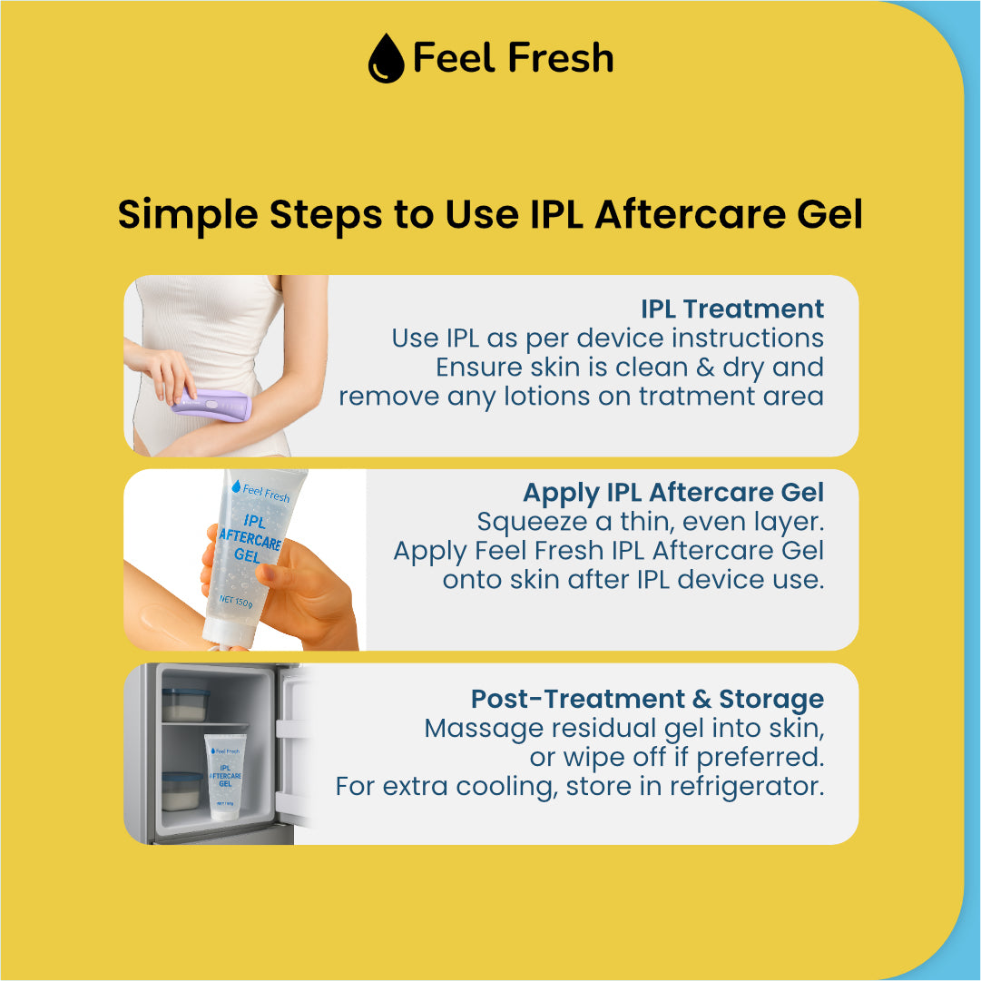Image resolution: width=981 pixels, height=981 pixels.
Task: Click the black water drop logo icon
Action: tap(385, 59)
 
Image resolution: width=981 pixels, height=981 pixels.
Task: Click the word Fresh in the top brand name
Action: tap(560, 59)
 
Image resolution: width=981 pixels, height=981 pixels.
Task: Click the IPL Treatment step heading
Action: tap(732, 309)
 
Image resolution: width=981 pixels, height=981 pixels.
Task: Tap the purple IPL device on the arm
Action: tap(211, 404)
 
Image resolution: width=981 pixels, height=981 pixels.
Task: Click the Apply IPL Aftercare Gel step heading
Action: tap(673, 493)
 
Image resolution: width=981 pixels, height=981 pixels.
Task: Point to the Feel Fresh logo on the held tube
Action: tap(260, 493)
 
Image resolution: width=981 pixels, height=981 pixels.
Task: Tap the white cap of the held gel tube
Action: tap(222, 639)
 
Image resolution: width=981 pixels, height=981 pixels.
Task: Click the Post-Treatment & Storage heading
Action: tap(647, 699)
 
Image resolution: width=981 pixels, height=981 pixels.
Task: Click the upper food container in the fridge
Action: tap(185, 704)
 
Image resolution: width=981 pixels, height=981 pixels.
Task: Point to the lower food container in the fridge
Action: tap(182, 790)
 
